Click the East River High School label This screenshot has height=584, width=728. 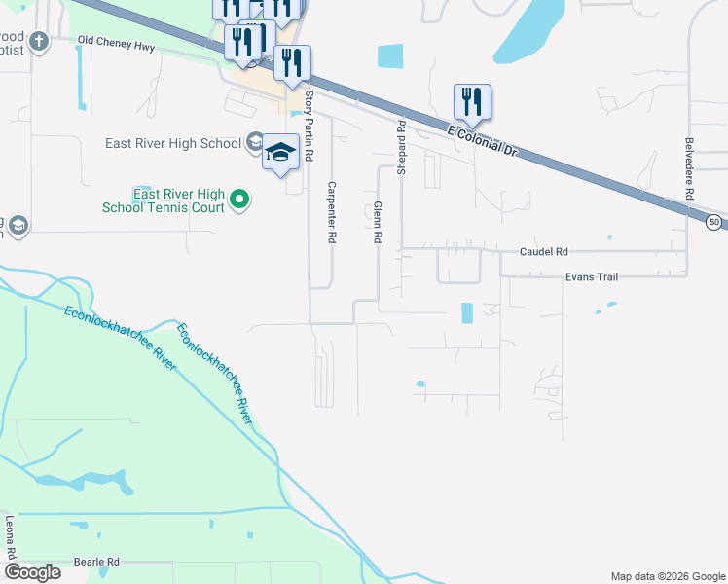173,144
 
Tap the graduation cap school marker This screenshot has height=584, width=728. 280,153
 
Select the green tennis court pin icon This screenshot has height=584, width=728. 238,201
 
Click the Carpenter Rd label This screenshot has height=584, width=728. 332,212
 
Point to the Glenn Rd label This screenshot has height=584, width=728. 377,222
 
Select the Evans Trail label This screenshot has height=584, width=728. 592,277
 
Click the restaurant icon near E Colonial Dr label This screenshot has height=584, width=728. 472,101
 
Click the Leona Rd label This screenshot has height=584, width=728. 11,536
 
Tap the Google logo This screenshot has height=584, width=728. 34,571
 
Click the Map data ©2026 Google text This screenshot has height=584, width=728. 667,576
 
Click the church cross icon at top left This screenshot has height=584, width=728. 38,41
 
